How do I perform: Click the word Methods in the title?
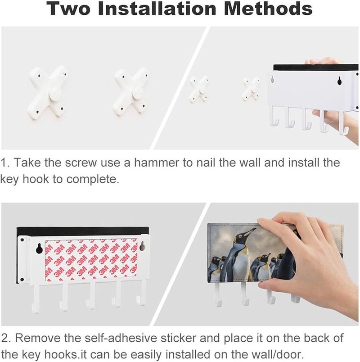268,9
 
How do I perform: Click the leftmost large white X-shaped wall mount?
48,92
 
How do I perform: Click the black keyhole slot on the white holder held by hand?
339,81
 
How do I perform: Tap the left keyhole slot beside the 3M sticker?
39,249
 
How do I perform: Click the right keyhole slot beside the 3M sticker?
143,247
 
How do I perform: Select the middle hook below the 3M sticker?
91,295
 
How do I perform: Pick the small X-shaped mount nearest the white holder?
251,89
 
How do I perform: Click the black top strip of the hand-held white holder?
316,68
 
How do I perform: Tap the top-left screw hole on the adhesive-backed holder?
22,240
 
